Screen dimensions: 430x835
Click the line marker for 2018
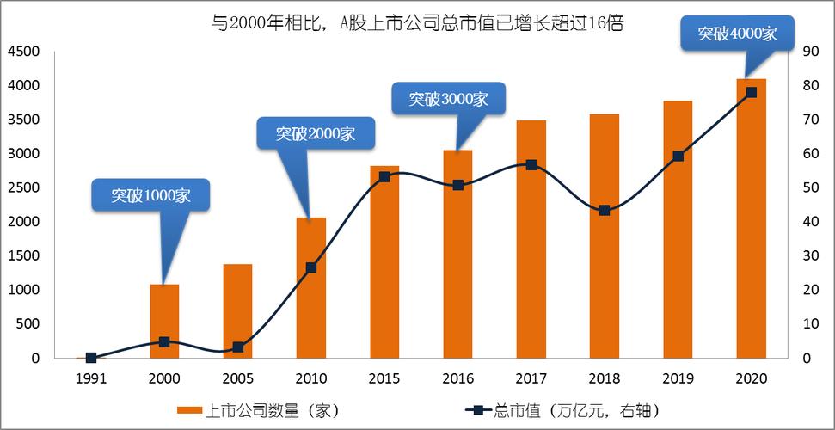coord(605,210)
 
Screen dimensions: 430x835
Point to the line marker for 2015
coord(384,176)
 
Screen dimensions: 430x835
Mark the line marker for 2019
coord(678,156)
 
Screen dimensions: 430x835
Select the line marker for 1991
coord(91,358)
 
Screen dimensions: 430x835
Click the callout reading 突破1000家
coord(150,195)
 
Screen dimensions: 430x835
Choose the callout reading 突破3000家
coord(448,99)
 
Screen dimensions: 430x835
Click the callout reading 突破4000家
coord(737,34)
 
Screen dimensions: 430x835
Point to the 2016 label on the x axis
coord(457,378)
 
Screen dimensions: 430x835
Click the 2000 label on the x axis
coord(164,378)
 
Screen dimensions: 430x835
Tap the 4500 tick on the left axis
coord(23,52)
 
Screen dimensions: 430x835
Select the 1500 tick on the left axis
coord(23,256)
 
